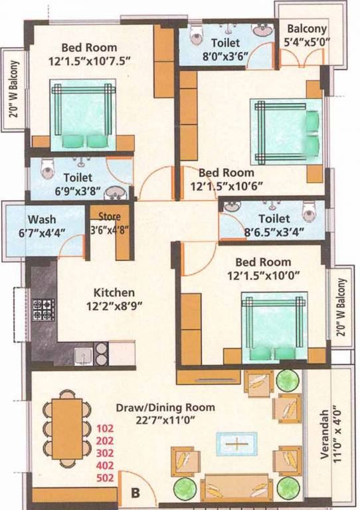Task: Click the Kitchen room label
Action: [x=114, y=292]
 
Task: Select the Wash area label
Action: [x=42, y=220]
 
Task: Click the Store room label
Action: [x=109, y=216]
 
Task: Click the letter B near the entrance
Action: [x=135, y=493]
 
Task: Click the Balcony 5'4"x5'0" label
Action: [x=306, y=29]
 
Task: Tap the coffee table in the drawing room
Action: [x=235, y=443]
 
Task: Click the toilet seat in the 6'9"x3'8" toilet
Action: [x=46, y=171]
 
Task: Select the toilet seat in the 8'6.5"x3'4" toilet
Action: [x=308, y=211]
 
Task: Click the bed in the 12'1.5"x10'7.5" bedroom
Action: [x=83, y=114]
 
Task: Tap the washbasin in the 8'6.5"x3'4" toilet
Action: [x=231, y=207]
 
